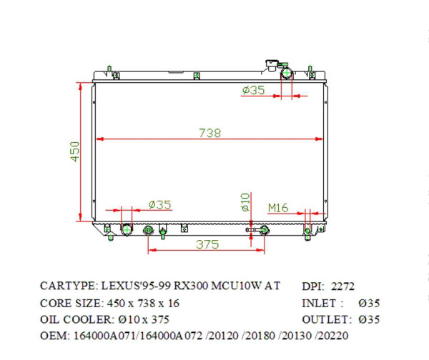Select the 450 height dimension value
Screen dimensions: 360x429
tap(75, 151)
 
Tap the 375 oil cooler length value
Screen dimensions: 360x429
tap(207, 244)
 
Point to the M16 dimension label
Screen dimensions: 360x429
tap(278, 208)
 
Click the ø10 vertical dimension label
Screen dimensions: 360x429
tap(245, 202)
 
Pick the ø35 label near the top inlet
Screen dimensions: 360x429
tap(254, 90)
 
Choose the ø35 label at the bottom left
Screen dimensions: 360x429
tap(159, 205)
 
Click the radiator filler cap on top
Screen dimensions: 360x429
tap(274, 64)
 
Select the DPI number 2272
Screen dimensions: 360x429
tap(341, 286)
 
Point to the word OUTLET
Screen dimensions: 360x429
tap(325, 319)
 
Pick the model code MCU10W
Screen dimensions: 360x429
tap(237, 286)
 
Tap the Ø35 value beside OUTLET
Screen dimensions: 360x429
tap(369, 319)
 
